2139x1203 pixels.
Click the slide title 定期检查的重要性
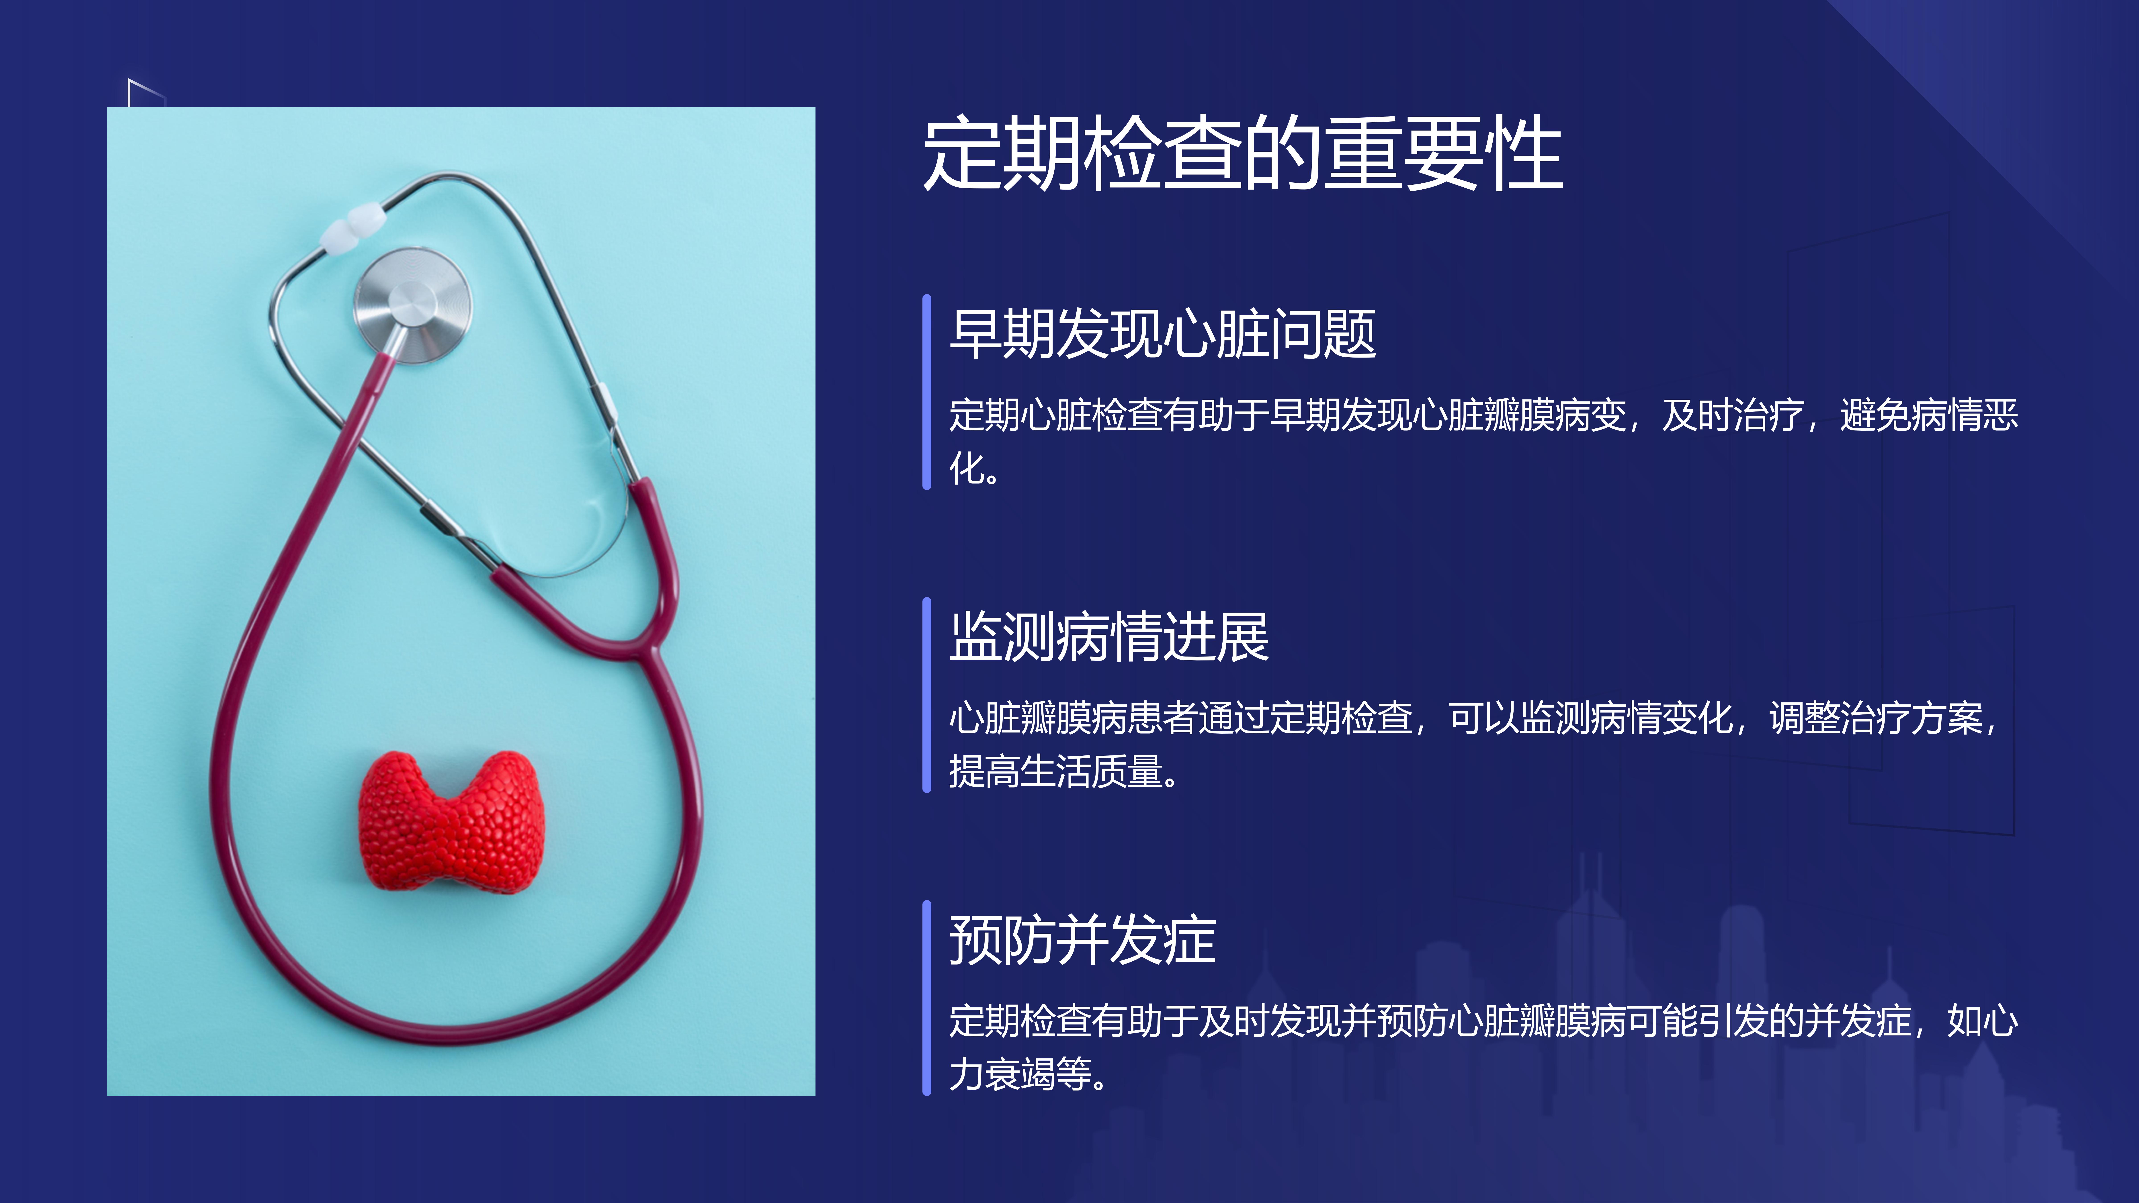click(x=1243, y=153)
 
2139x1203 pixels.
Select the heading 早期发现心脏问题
click(x=1162, y=334)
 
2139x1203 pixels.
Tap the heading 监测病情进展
click(x=1109, y=637)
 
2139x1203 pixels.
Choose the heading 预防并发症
click(x=1083, y=940)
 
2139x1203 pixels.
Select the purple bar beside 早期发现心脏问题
click(x=927, y=392)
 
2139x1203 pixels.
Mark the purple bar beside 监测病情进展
click(x=927, y=695)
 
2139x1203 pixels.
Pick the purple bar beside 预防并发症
click(x=927, y=998)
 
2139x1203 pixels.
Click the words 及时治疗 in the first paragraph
click(x=1733, y=415)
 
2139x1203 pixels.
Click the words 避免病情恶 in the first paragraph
click(x=1929, y=415)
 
